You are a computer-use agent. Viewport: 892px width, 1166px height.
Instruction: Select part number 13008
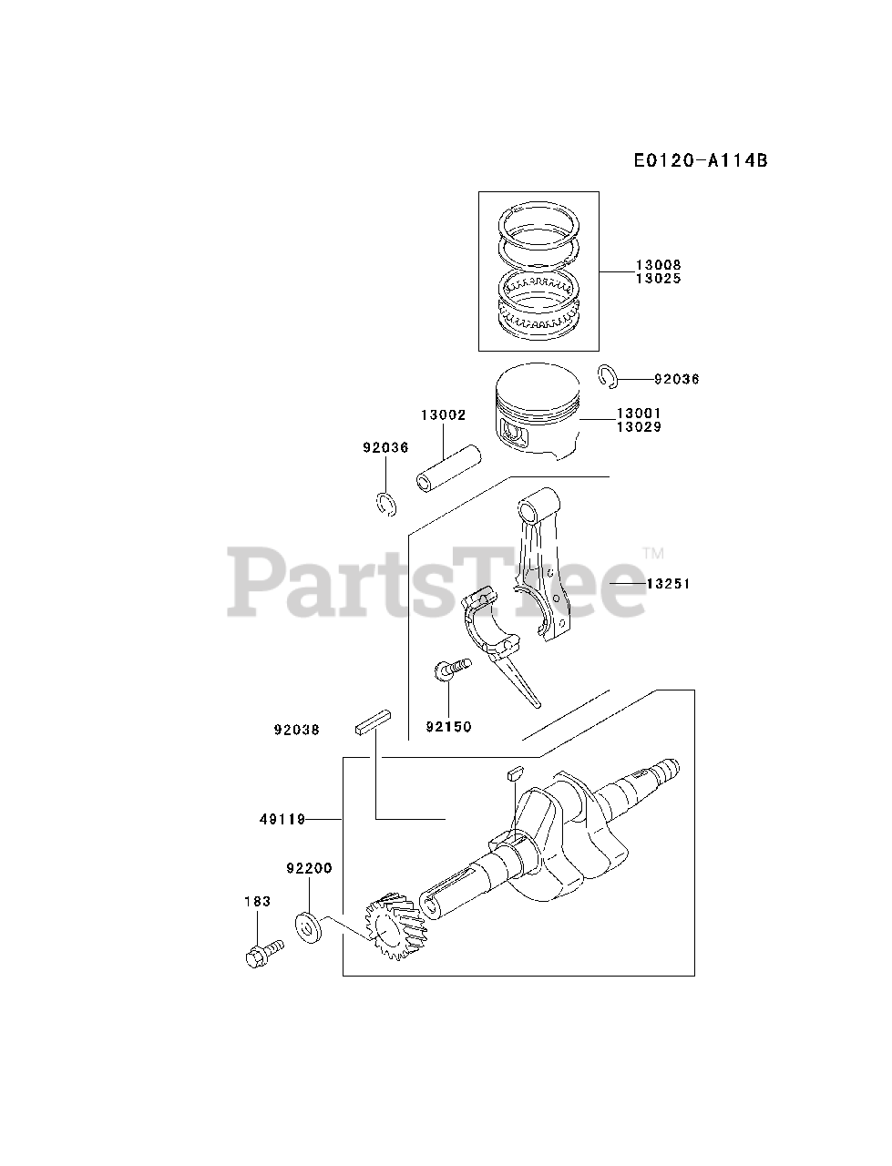(658, 265)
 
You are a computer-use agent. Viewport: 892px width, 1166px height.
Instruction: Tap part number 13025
(658, 279)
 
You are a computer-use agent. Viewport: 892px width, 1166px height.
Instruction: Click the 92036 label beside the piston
(676, 379)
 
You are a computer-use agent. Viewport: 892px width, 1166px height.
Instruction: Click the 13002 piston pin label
(443, 415)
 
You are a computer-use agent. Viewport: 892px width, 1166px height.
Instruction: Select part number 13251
(668, 583)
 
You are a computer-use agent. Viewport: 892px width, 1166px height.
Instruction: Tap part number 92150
(449, 727)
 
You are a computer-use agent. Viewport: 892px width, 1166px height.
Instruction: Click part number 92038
(297, 730)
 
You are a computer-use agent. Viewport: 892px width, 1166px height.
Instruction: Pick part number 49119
(281, 819)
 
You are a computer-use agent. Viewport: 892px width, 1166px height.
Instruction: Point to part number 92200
(309, 869)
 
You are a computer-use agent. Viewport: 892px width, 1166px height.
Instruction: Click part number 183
(257, 901)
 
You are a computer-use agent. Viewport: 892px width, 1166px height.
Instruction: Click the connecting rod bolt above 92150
(453, 670)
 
